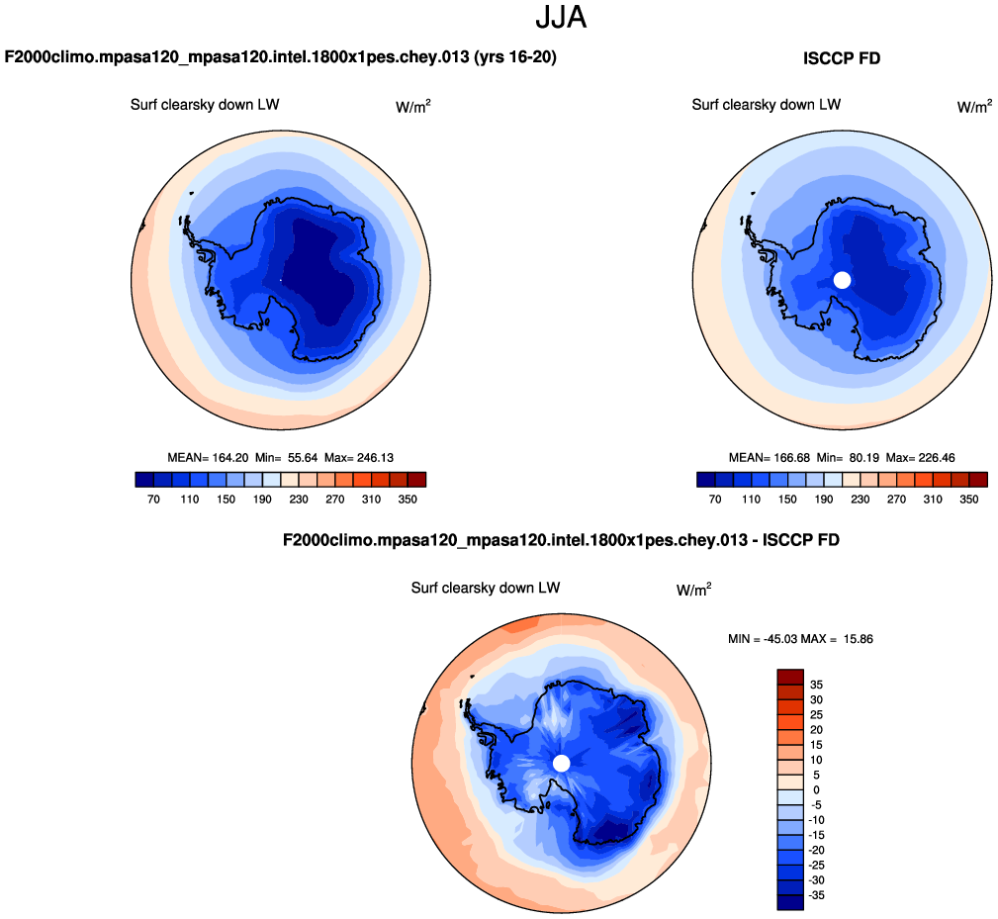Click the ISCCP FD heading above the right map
841,59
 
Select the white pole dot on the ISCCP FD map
842,280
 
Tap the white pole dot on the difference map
562,763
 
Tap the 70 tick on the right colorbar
715,500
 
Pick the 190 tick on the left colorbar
261,500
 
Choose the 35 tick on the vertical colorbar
816,685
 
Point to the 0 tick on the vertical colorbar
816,789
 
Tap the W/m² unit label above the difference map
693,590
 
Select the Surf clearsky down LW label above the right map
766,105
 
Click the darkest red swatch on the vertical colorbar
790,677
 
